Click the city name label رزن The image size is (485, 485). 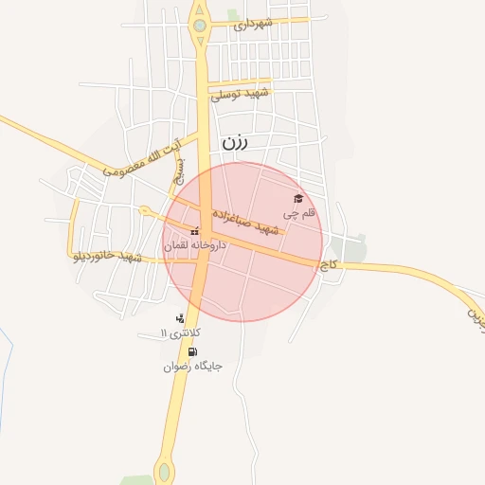[235, 143]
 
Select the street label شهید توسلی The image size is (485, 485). [242, 94]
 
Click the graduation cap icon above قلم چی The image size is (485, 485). [298, 199]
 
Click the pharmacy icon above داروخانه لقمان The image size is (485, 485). [195, 231]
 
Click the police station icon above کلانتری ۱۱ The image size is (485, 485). [180, 318]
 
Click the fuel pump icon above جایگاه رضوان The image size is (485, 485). [193, 351]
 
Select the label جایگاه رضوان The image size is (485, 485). [193, 366]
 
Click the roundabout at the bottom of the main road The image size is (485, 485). [165, 471]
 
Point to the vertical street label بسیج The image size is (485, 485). [177, 170]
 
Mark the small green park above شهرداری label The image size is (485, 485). [233, 13]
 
